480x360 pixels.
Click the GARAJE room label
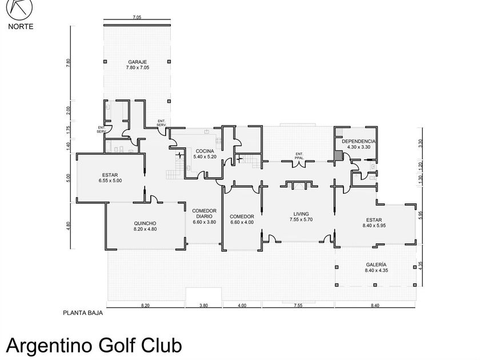coord(138,62)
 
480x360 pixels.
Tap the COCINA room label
coord(205,151)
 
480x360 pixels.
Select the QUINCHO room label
coord(145,223)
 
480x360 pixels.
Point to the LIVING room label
coord(301,214)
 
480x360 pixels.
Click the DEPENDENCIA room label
coord(358,141)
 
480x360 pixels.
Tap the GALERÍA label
coord(376,265)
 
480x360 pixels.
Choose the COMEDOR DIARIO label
coord(204,214)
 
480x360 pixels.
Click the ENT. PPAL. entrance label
coord(299,156)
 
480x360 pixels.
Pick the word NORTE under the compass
coord(21,27)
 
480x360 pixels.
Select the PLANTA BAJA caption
coord(83,313)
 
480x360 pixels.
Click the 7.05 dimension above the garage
coord(137,18)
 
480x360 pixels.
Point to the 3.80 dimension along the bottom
coord(203,306)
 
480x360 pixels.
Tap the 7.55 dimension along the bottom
coord(298,306)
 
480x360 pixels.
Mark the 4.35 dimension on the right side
coord(421,265)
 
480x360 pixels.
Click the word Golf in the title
coord(117,346)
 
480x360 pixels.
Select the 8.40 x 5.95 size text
coord(374,226)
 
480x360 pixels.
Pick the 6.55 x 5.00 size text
coord(110,181)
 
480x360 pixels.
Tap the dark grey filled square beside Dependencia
coord(338,155)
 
